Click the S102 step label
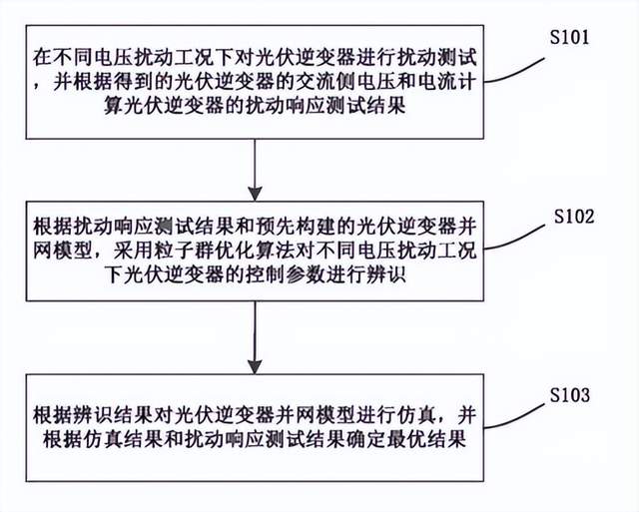tap(578, 217)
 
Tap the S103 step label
tap(572, 395)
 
